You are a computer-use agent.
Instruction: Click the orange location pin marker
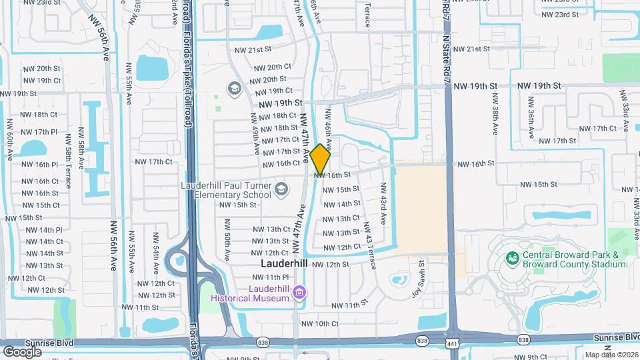[321, 159]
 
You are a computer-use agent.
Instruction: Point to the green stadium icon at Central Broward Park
[512, 257]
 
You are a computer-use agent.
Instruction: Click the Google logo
[22, 351]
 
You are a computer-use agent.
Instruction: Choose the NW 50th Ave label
[227, 246]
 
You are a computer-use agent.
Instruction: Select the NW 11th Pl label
[271, 277]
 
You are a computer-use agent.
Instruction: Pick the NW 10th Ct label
[320, 324]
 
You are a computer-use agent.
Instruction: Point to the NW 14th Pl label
[44, 230]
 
